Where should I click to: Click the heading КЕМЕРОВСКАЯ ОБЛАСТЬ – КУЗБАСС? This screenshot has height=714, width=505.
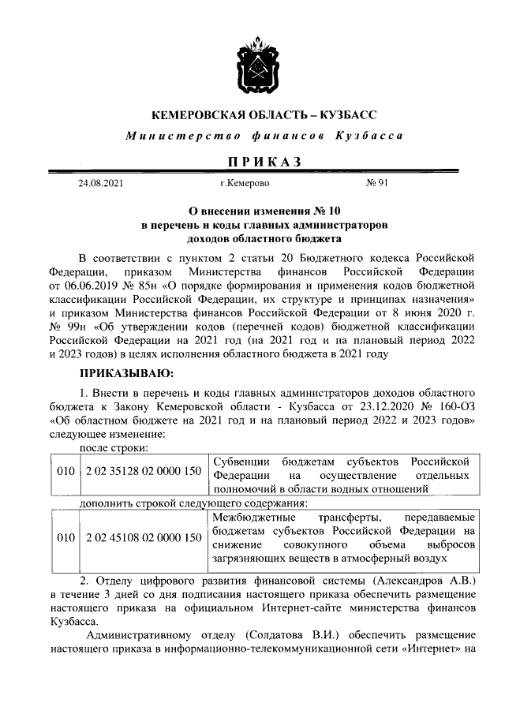coord(252,115)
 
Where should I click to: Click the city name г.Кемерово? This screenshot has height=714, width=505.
coord(245,183)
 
